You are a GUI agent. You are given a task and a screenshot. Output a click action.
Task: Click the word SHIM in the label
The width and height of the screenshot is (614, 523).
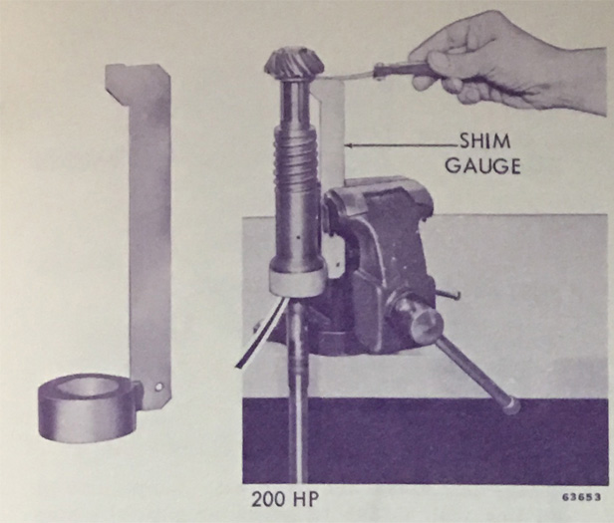click(x=485, y=141)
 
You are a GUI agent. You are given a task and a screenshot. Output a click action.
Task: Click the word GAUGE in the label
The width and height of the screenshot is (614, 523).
click(x=482, y=166)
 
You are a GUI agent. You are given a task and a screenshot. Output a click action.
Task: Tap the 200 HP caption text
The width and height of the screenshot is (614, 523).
click(x=285, y=500)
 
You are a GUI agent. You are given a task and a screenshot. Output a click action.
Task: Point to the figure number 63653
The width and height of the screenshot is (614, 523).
click(x=581, y=497)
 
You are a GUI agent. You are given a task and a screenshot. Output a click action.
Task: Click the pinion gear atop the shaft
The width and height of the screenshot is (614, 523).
click(x=292, y=65)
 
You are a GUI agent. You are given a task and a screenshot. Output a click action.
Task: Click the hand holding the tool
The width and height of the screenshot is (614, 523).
click(x=505, y=63)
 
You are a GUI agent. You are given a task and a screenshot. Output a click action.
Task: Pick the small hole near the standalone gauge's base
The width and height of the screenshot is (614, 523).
click(x=158, y=388)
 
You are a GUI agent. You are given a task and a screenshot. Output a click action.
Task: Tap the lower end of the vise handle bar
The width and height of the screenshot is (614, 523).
click(x=511, y=407)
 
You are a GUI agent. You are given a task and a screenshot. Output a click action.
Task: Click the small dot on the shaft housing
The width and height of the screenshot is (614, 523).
click(x=299, y=237)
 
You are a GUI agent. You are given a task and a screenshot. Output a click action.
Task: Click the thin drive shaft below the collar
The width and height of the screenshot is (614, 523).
click(x=298, y=392)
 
